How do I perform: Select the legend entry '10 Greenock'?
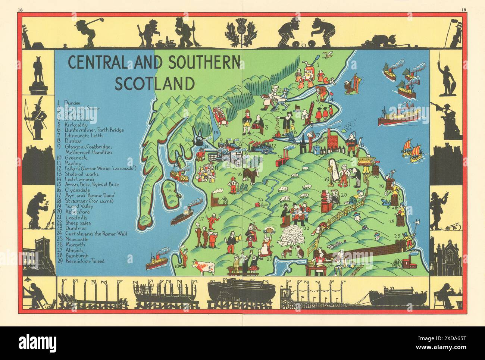(75, 158)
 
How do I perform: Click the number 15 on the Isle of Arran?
(169, 191)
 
